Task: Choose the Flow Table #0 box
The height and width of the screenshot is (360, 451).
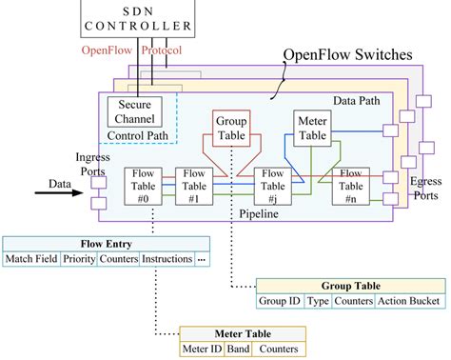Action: coord(144,186)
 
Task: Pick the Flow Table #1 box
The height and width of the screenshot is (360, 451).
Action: coord(194,186)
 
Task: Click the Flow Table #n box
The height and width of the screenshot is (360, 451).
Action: coord(351,186)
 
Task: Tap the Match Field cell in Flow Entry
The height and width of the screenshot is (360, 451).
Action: coord(31,258)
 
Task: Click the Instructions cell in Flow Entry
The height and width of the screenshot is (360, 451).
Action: coord(167,258)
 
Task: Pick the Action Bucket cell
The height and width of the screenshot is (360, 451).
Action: coord(408,302)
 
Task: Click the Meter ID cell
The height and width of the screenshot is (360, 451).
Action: coord(202,349)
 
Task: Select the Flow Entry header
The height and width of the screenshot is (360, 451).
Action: coord(105,244)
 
